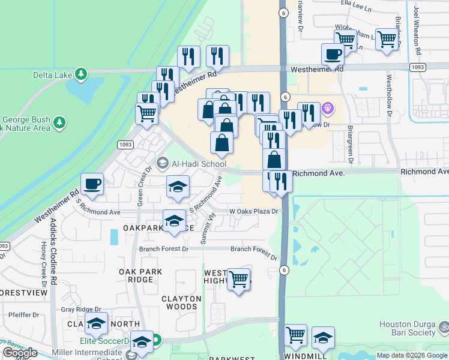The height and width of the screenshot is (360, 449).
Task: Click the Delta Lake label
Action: coord(52,75)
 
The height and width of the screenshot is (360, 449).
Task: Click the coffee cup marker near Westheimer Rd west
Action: coord(92,185)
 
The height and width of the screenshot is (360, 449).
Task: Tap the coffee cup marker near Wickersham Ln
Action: coord(333,55)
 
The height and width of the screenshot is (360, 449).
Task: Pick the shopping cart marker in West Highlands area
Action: coord(239,279)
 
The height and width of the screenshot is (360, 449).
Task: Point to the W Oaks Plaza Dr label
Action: coord(254,211)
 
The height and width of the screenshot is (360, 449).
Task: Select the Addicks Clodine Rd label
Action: coord(53,251)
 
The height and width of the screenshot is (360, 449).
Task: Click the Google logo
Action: coord(20,353)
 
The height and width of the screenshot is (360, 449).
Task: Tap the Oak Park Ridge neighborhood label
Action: coord(140,276)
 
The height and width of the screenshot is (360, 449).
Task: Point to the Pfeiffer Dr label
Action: coord(24,314)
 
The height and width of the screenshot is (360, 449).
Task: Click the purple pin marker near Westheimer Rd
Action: coord(327,109)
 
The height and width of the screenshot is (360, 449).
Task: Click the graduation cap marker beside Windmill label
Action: coord(323,338)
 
